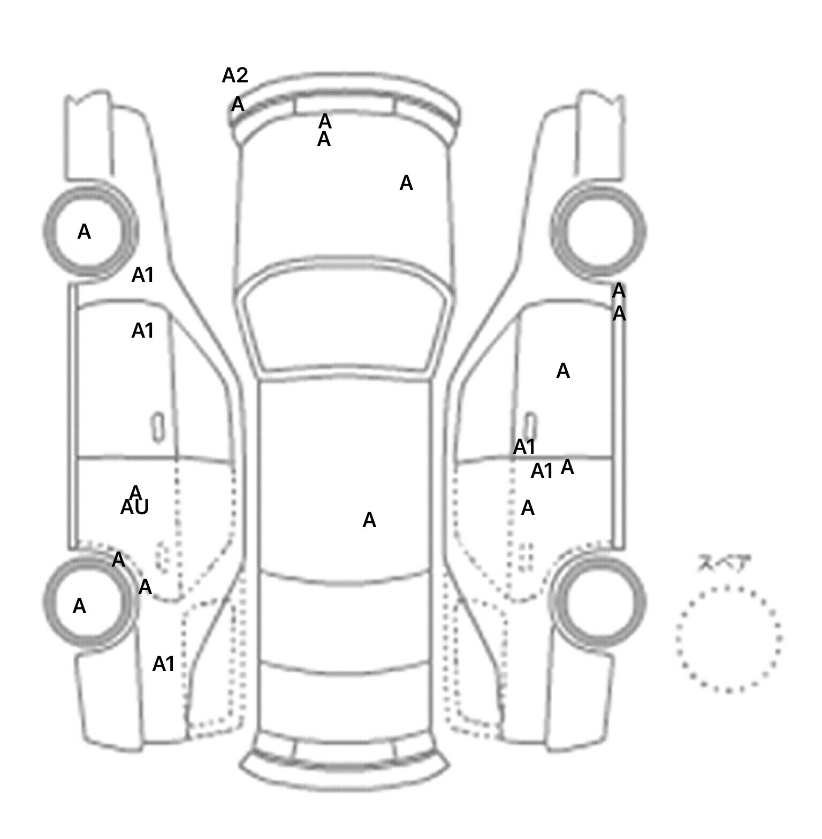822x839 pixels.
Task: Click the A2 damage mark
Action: (235, 76)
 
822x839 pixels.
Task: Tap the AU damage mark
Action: (134, 507)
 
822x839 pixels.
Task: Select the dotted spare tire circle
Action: (728, 639)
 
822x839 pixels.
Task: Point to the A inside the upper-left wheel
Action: (84, 232)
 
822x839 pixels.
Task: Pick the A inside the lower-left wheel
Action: (79, 606)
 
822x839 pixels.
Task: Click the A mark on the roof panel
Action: (369, 520)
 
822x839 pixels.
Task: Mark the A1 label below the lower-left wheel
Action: (164, 664)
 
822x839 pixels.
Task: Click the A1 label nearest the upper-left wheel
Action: (143, 275)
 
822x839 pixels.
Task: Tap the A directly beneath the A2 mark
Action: (238, 105)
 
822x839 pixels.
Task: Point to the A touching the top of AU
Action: (135, 492)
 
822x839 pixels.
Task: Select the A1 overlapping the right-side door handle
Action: (524, 446)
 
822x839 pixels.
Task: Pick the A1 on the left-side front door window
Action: (143, 331)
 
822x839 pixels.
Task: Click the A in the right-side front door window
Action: (563, 371)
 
